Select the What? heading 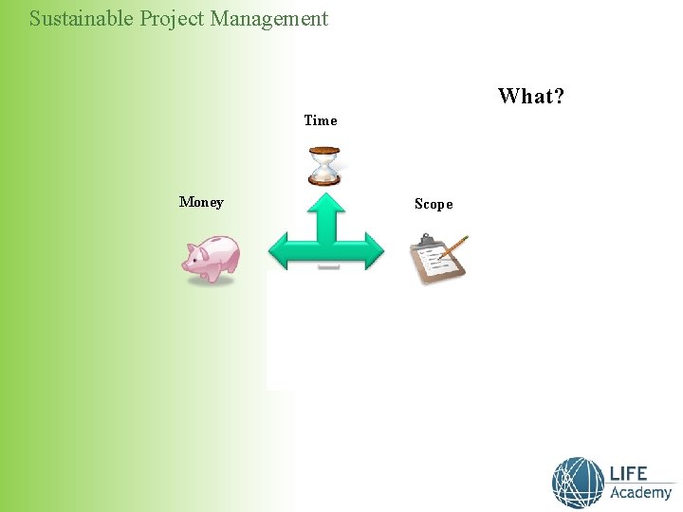point(530,96)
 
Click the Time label point(321,120)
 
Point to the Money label point(201,202)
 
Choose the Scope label point(434,204)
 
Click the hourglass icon point(324,166)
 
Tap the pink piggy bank point(212,260)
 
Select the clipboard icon point(435,262)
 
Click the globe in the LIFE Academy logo point(578,482)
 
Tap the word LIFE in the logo point(629,474)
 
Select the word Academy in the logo point(640,493)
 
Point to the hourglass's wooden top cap point(324,150)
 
